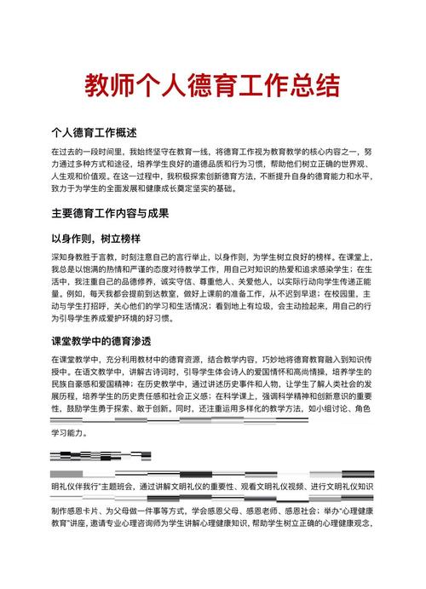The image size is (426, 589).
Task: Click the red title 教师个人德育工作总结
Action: (x=212, y=85)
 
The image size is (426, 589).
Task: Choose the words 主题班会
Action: (x=123, y=487)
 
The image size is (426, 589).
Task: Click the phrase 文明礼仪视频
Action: (x=279, y=487)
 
